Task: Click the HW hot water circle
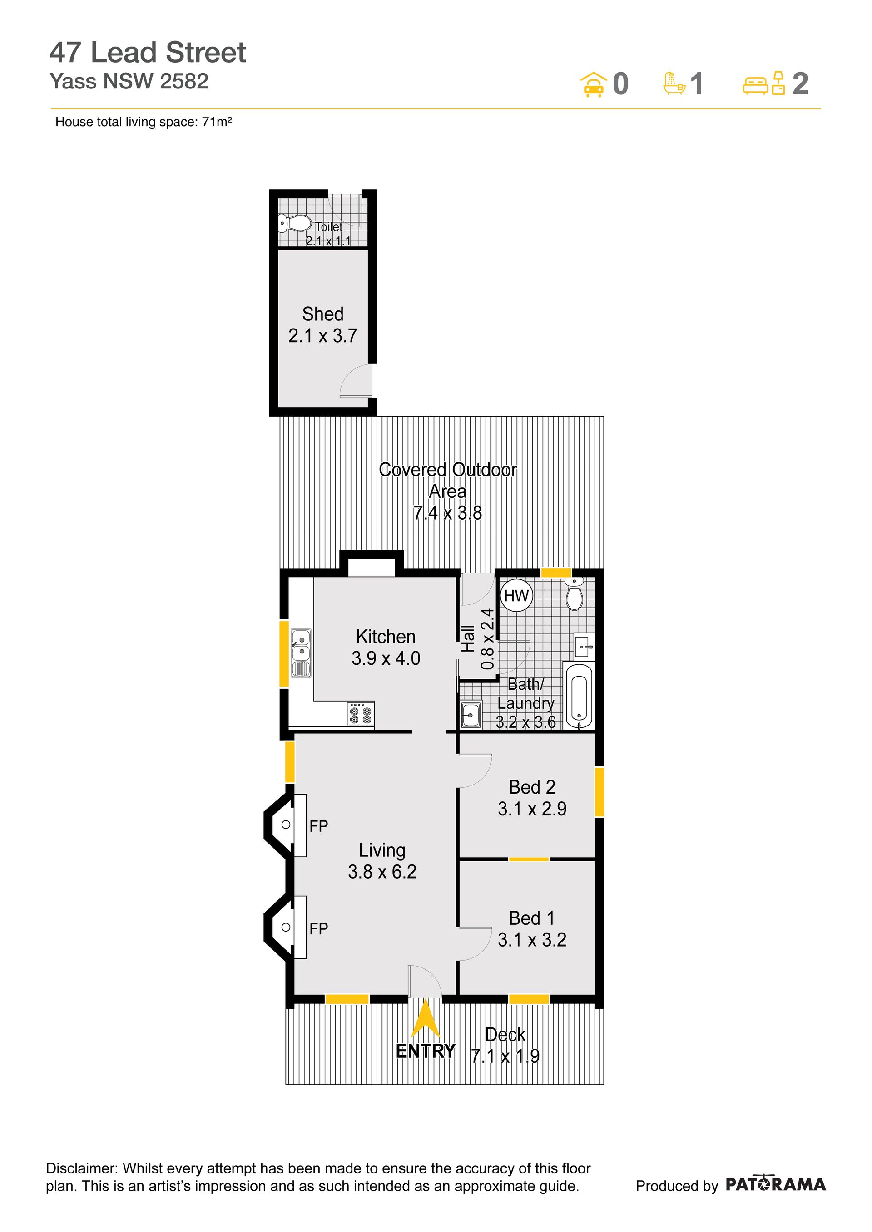click(x=516, y=596)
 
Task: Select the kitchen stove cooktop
click(x=360, y=714)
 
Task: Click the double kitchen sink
click(x=301, y=653)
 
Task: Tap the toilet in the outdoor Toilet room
click(x=295, y=223)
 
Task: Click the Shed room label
click(x=323, y=314)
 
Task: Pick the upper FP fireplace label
click(x=318, y=826)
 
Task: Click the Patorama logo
click(x=776, y=1185)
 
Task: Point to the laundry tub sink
click(x=471, y=714)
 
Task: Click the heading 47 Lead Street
click(x=148, y=53)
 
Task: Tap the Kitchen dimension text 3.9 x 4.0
click(x=386, y=658)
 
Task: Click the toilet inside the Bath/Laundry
click(x=575, y=594)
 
